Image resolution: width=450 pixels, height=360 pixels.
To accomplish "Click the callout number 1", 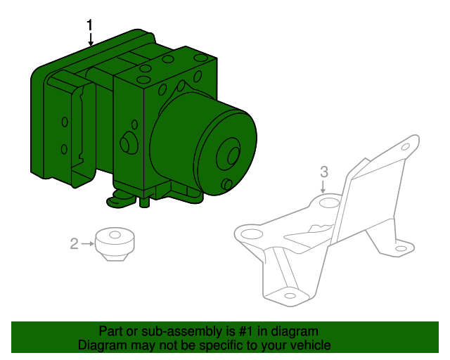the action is tap(90, 25).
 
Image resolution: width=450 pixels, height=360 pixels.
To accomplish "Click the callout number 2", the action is tap(74, 244).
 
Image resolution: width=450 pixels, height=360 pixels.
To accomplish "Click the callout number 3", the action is tap(324, 172).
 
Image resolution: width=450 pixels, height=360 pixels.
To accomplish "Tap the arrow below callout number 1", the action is tap(91, 39).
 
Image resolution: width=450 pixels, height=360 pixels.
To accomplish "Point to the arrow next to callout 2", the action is tap(87, 244).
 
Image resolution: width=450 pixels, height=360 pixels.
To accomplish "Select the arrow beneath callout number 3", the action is tap(323, 186).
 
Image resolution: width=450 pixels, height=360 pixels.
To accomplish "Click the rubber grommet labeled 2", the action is tap(115, 244).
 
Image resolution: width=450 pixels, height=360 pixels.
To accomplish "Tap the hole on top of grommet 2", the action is tap(115, 235).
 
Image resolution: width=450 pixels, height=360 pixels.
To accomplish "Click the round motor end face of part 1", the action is tap(226, 154).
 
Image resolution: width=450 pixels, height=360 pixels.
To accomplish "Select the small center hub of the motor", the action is tap(233, 156).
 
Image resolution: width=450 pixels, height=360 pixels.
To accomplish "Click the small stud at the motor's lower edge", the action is tap(227, 184).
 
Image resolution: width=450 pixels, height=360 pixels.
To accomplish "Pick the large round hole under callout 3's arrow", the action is tap(330, 202).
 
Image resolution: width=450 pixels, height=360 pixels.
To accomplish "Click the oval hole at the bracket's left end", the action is tap(252, 233).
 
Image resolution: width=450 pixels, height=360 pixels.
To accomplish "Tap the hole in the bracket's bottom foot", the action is tap(290, 296).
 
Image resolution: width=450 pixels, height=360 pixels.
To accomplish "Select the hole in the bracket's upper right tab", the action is tap(405, 147).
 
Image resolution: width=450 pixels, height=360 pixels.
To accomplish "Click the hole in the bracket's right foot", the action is tap(401, 249).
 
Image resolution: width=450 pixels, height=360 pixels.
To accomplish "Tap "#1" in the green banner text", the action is tap(246, 332).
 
